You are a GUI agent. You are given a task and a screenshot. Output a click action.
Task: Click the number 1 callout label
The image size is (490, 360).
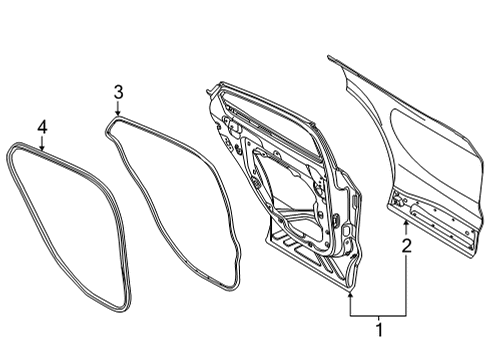[x=377, y=329]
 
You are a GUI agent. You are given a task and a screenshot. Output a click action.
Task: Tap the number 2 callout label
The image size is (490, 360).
[x=405, y=244]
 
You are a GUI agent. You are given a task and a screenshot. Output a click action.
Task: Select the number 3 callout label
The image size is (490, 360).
[x=117, y=93]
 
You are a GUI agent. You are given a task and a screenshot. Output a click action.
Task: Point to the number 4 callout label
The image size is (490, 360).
[x=42, y=126]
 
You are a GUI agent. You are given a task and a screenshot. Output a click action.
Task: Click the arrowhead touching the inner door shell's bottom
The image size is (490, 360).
[x=350, y=293]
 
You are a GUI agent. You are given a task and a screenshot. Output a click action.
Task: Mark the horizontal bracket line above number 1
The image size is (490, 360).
[x=377, y=313]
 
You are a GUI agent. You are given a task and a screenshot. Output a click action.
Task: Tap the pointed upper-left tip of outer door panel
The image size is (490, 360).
[x=330, y=57]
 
